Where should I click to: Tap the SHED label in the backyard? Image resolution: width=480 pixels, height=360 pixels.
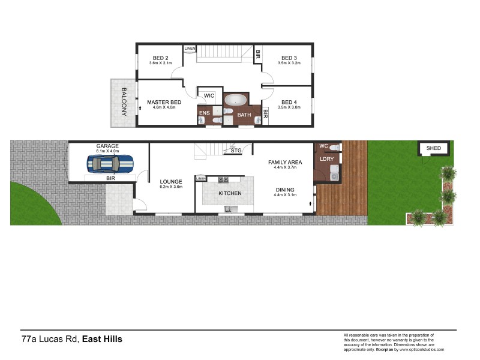coord(433,148)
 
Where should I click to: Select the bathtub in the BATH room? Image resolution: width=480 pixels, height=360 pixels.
coord(235,100)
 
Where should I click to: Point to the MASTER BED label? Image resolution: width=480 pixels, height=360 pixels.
coord(164,103)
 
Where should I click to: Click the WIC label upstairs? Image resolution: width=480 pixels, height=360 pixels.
coord(209,95)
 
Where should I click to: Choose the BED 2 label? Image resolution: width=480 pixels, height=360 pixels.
coord(159,58)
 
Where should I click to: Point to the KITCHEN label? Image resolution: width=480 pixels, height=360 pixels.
coord(230,193)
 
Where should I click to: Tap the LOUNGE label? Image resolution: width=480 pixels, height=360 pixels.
coord(171,181)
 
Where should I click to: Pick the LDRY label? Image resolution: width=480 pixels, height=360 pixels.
coord(327,159)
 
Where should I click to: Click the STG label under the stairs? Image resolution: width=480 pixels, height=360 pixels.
coord(236,151)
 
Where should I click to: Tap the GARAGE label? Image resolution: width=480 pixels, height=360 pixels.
coord(107,146)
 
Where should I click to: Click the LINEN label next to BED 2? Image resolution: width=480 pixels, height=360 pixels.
coord(190,48)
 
